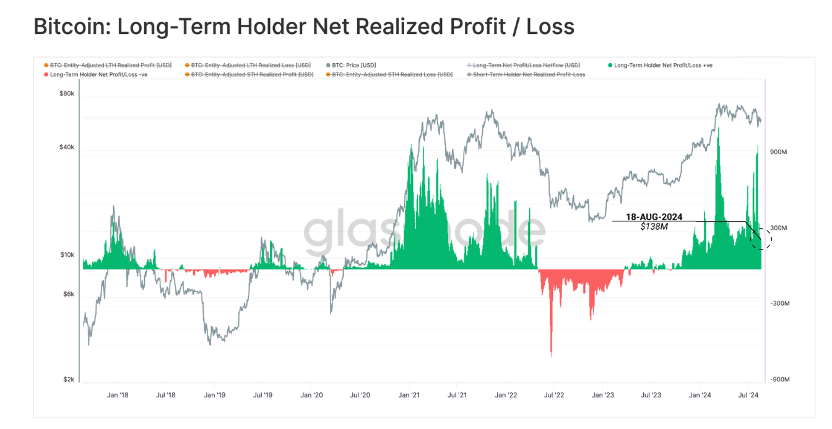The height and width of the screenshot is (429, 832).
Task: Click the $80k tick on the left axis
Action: tap(66, 94)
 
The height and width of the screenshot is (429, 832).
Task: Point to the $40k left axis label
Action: tap(66, 147)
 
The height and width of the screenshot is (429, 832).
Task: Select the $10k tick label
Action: tap(66, 255)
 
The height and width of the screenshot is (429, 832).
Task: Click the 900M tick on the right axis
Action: tap(778, 152)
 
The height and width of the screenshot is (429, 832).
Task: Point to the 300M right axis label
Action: tap(778, 228)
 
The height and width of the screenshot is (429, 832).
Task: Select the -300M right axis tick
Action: tap(779, 303)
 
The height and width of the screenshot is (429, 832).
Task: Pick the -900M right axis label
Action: tap(779, 379)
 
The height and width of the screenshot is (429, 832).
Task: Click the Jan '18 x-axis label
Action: tap(118, 395)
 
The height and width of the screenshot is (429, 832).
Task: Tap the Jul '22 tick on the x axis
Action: tap(553, 395)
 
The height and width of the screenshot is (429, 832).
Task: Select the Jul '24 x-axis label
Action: tap(749, 395)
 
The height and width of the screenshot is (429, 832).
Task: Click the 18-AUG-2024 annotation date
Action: tap(654, 217)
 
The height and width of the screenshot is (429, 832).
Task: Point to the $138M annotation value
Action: tap(654, 227)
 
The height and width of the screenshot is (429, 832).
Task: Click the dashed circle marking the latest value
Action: tap(761, 238)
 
